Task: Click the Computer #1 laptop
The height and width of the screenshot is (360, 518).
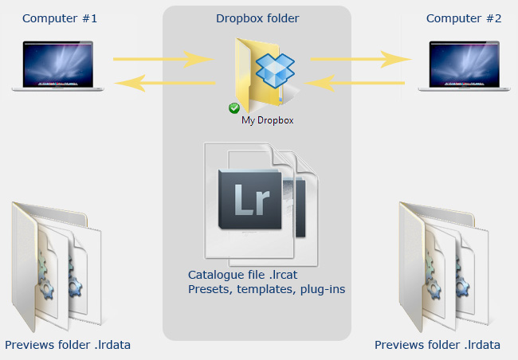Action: (58, 66)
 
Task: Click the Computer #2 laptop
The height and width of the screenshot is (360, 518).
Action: (464, 66)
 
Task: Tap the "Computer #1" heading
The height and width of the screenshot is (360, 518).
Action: (60, 18)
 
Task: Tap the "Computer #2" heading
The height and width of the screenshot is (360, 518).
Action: (464, 18)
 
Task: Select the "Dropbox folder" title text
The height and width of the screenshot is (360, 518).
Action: (257, 18)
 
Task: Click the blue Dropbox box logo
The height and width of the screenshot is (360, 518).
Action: (275, 70)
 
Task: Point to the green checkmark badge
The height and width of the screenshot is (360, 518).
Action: (234, 108)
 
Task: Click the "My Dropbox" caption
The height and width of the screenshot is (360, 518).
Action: (268, 120)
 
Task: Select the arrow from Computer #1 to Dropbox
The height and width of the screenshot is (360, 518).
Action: (164, 59)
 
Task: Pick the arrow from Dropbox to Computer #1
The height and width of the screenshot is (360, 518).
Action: (164, 83)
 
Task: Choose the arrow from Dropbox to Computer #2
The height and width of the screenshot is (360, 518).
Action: (361, 59)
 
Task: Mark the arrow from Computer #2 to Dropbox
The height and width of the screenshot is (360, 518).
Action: (354, 83)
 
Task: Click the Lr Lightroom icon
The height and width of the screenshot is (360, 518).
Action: (249, 199)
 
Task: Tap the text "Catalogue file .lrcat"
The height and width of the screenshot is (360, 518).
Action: (243, 275)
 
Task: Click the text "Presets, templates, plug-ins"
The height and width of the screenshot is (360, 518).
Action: (267, 289)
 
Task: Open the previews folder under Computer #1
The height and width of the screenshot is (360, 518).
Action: (57, 267)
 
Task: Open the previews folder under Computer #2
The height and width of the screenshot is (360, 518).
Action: (444, 267)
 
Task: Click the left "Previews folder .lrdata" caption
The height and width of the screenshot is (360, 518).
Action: (68, 345)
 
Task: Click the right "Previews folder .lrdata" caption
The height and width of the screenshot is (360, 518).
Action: (438, 345)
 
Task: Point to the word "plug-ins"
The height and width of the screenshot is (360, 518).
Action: (323, 290)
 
